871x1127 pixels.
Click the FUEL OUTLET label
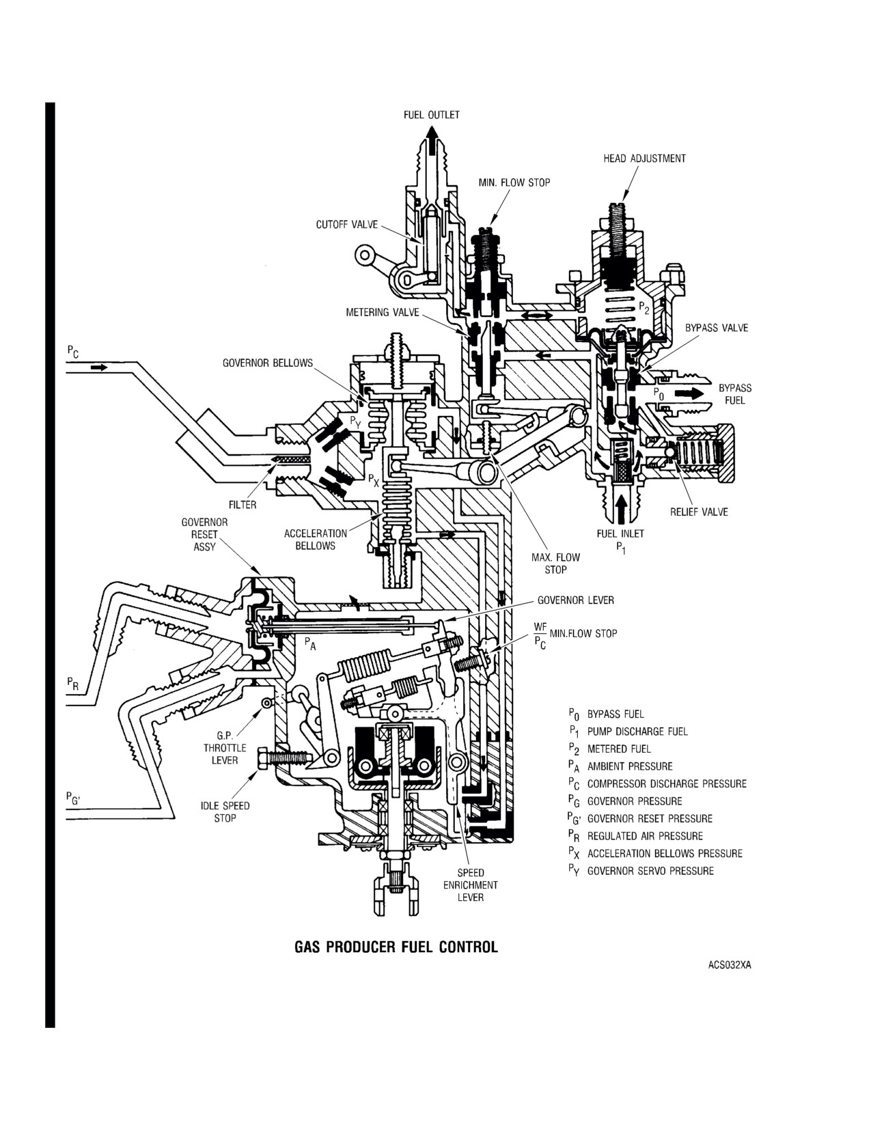(432, 115)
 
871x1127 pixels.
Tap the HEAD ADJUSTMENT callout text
(644, 158)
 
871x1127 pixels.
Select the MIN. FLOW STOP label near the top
(514, 182)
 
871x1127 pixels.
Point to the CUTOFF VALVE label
(347, 225)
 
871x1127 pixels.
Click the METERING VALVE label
(383, 312)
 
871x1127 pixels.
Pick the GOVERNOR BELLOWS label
(268, 363)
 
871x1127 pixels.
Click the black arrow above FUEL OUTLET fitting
(431, 138)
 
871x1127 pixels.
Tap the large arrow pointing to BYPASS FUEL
(689, 393)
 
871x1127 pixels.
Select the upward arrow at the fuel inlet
(620, 507)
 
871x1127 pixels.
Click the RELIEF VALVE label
(699, 512)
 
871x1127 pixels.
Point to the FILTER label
(243, 504)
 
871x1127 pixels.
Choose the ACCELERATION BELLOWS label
(316, 540)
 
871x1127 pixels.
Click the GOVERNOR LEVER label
(575, 600)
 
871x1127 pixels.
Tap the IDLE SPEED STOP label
(225, 811)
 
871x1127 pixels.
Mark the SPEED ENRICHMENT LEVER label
(471, 885)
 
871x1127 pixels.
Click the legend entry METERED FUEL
(619, 749)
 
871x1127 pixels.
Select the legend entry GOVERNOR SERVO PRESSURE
(650, 871)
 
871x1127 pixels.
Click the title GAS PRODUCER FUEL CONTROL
(396, 947)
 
